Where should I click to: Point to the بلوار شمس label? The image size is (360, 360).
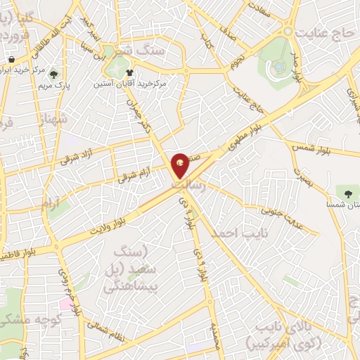point(308,146)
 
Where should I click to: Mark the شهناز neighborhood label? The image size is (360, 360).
point(55,119)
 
